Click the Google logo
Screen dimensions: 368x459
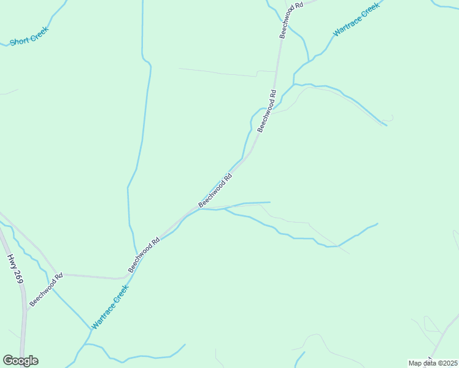(20, 361)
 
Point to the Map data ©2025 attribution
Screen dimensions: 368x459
(433, 363)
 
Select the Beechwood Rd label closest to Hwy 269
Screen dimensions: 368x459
(46, 289)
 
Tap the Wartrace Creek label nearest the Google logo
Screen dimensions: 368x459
(110, 307)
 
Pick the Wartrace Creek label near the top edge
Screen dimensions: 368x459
(356, 20)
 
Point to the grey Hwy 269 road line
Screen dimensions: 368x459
(24, 331)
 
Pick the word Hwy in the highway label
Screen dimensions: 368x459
(11, 261)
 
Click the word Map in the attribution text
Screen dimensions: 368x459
(415, 363)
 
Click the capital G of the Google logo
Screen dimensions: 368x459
(8, 361)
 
